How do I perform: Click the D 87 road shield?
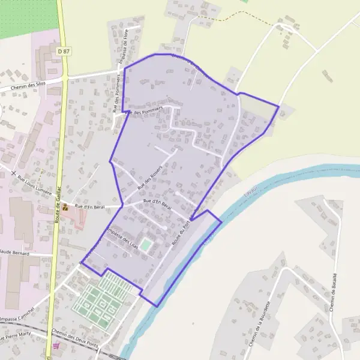click(x=64, y=52)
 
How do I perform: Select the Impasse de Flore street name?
click(x=125, y=45)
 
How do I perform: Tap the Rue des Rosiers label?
click(x=149, y=179)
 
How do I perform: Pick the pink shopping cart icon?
click(x=56, y=346)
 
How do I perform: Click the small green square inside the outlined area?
click(x=146, y=245)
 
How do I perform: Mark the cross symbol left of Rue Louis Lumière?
click(x=13, y=173)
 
